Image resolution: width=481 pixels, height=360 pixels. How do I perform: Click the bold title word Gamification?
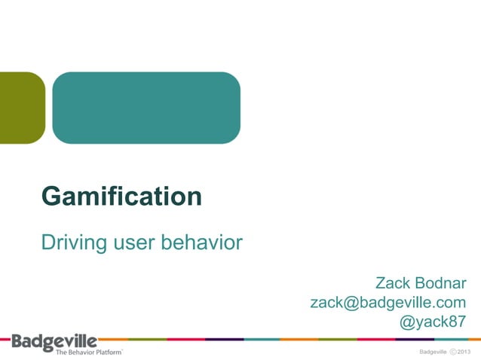(121, 197)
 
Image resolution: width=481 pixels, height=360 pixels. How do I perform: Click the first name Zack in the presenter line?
(392, 283)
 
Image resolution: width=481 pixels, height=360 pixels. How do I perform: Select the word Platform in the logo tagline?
(106, 352)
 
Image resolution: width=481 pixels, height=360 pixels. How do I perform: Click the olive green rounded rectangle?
(21, 107)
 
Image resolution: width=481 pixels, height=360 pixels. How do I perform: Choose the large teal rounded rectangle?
(146, 107)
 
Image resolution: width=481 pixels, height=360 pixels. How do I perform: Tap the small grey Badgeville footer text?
(433, 352)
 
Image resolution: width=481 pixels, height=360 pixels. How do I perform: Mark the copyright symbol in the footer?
(452, 352)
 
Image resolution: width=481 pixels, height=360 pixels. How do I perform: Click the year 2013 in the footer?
(464, 352)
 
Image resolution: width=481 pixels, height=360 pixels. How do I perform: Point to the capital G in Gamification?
(51, 197)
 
